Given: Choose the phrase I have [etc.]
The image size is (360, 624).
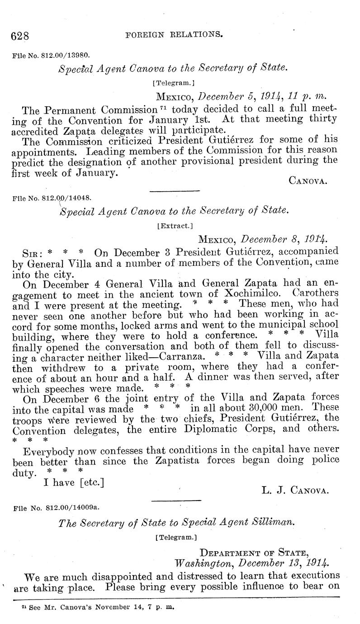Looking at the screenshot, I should coord(73,483).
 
